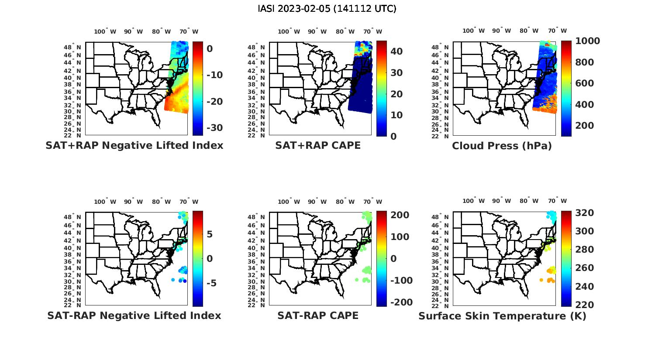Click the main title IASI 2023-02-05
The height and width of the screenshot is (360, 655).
(327, 9)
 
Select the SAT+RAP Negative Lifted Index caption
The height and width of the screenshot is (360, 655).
(134, 146)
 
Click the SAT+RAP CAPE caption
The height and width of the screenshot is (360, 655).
(318, 146)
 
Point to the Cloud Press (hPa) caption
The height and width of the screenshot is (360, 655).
(502, 146)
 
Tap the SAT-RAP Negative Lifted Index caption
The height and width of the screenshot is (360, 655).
(134, 316)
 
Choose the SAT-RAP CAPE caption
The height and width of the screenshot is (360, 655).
(318, 316)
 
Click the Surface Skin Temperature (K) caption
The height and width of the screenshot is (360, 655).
(502, 316)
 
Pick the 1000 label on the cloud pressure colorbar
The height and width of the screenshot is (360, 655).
(587, 41)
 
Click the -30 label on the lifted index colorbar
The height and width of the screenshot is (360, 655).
(214, 128)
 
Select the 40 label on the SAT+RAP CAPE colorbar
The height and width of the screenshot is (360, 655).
(396, 51)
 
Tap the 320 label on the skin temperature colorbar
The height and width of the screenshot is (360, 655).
(584, 213)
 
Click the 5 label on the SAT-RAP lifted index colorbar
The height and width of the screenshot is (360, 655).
(210, 234)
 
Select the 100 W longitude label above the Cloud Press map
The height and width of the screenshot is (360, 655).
(474, 31)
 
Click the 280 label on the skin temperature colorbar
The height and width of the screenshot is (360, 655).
(584, 250)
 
